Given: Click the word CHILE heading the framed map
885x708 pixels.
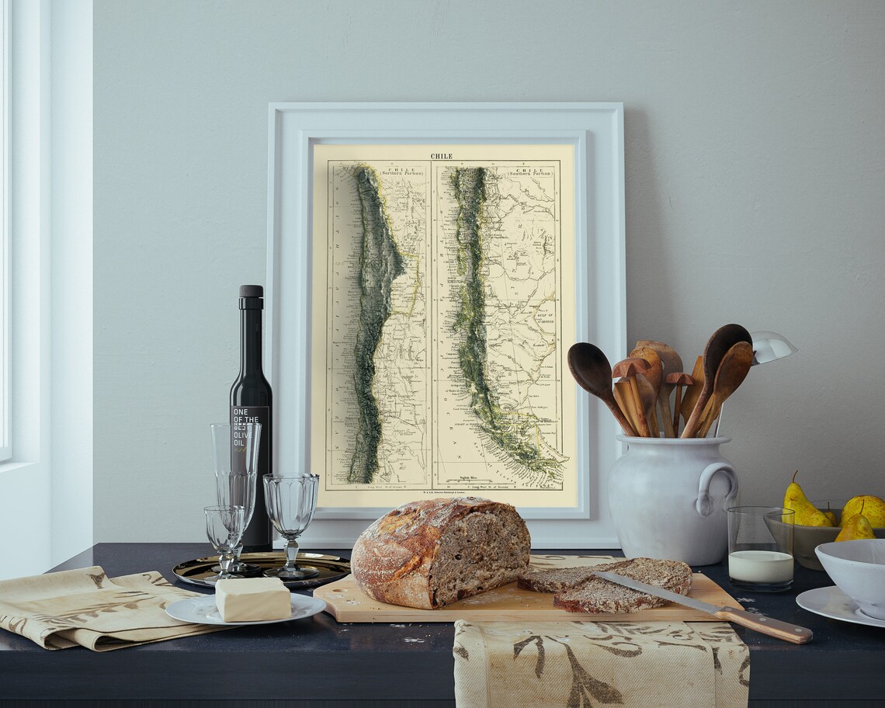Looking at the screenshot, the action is (x=441, y=156).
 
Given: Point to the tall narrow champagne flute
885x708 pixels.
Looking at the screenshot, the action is (x=234, y=466).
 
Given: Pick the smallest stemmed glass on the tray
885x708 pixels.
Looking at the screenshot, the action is (x=224, y=531).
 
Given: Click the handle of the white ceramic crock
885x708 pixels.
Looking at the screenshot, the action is (x=718, y=485).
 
